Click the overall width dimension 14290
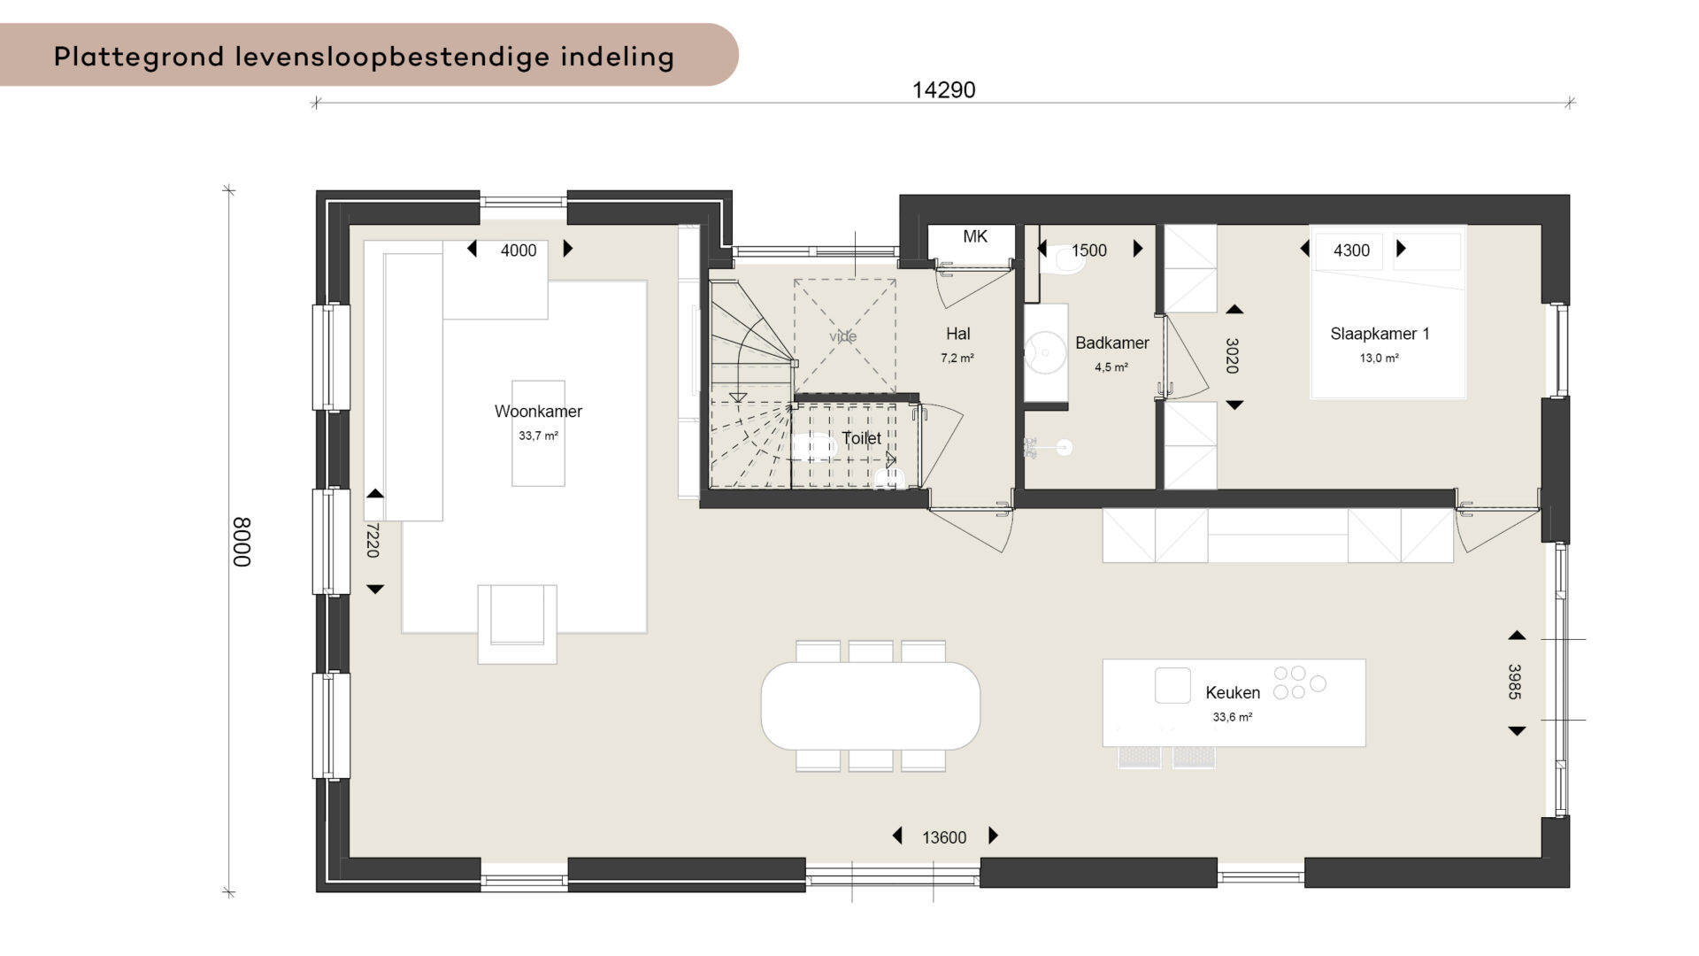[943, 89]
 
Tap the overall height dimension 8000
[242, 542]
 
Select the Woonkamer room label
[538, 411]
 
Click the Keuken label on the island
[1233, 692]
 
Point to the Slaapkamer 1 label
[1380, 334]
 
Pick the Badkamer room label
[1112, 343]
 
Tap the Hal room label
[957, 334]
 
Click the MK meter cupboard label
[975, 236]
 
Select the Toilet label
[861, 438]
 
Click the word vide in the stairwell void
[843, 336]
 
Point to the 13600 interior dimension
[944, 837]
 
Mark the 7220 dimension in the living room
[373, 540]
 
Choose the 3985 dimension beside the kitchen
[1515, 682]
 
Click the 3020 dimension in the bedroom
[1232, 355]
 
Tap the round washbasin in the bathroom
[1045, 352]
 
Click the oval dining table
[871, 705]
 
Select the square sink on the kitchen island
[1172, 685]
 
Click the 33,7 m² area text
[538, 436]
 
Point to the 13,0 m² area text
[1379, 358]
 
